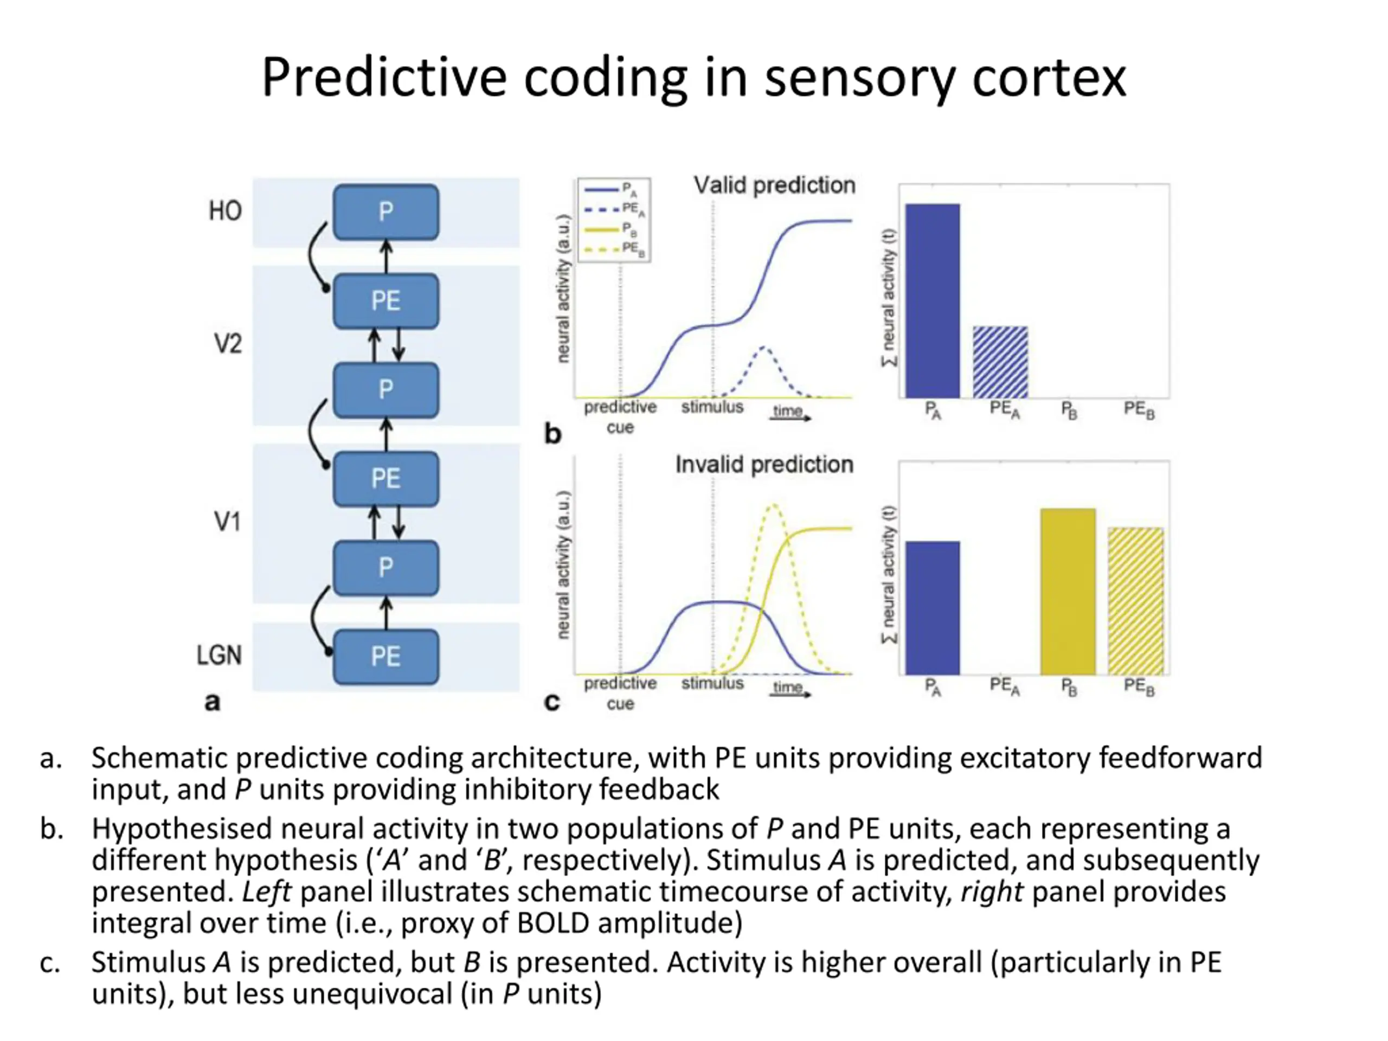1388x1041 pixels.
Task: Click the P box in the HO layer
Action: tap(385, 211)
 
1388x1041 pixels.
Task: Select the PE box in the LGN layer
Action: tap(385, 657)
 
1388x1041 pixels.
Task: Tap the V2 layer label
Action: tap(228, 344)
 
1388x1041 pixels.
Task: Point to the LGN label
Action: tap(219, 655)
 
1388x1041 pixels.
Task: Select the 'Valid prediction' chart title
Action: tap(774, 185)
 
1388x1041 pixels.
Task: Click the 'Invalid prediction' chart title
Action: tap(764, 464)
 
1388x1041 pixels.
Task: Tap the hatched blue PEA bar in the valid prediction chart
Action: tap(1000, 362)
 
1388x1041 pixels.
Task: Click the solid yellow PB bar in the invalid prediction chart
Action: tap(1068, 591)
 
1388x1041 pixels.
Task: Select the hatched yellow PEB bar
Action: tap(1136, 601)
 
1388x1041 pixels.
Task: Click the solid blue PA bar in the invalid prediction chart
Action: tap(933, 607)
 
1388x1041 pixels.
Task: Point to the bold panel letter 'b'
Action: tap(552, 434)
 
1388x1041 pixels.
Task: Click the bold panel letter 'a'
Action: tap(213, 702)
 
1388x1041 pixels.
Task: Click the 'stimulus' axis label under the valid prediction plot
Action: tap(712, 407)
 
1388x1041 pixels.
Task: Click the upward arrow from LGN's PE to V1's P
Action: tap(386, 613)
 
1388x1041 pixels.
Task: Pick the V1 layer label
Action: tap(227, 522)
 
